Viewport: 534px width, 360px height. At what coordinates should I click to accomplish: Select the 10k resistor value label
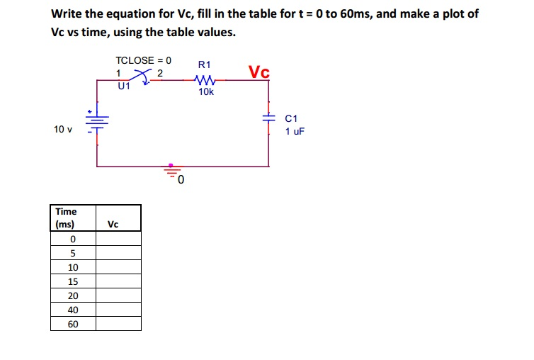205,92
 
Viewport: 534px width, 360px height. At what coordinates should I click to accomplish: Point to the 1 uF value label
295,131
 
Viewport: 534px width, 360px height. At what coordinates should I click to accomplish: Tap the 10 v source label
63,129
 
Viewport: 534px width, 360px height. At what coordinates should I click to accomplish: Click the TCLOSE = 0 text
143,60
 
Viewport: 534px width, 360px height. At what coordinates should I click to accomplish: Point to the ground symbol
171,171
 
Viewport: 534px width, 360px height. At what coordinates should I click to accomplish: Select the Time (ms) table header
66,218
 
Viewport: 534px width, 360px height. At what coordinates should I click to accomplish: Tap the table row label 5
72,253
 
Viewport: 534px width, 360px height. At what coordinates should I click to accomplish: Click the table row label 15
72,281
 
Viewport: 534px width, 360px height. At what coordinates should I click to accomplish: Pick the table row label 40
72,310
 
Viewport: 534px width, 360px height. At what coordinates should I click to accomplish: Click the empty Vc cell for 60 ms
118,324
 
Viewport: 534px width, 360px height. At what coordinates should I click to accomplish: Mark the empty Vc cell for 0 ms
118,239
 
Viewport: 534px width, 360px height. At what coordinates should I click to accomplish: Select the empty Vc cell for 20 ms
118,296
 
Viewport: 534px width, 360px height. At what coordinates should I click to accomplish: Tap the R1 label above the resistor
205,65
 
